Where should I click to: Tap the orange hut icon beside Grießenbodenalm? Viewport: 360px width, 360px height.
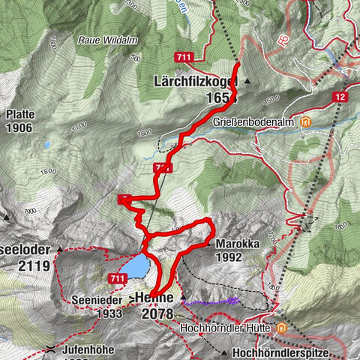(305, 121)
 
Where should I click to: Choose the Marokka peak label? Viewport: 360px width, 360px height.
(237, 244)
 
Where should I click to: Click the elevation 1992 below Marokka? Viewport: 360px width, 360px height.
(232, 257)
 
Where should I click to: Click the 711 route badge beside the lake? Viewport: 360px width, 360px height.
(116, 279)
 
